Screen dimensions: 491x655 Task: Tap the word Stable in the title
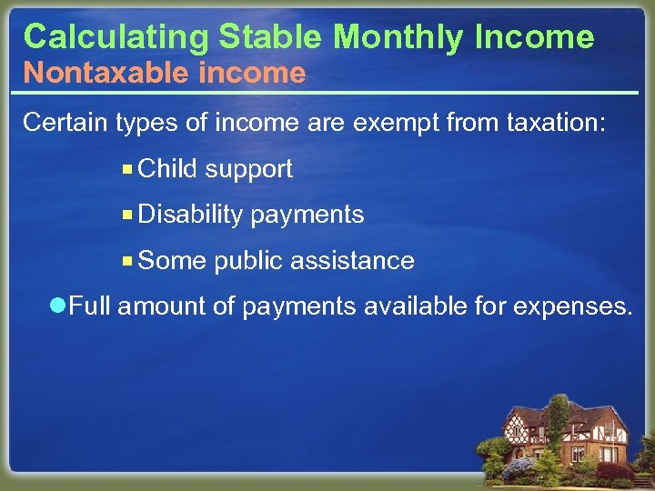tap(269, 37)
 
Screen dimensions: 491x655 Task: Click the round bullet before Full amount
tap(59, 306)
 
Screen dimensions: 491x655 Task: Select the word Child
tap(168, 169)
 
